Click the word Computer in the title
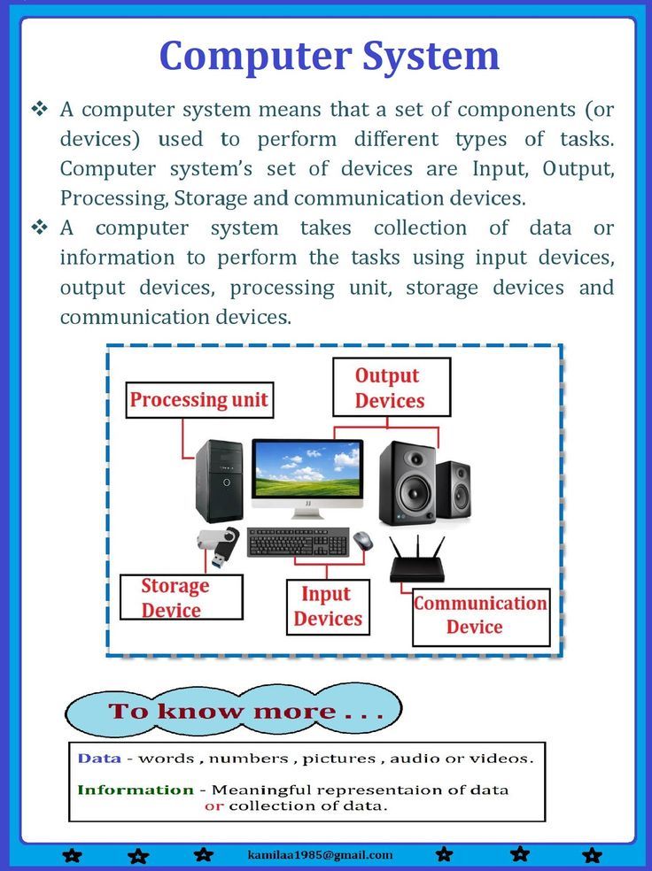(255, 57)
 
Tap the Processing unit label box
(199, 400)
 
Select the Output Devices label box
(392, 387)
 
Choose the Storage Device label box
(182, 597)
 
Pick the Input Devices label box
(328, 607)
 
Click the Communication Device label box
(481, 617)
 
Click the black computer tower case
(220, 481)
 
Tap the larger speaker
(407, 482)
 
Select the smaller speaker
(454, 491)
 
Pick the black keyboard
(298, 542)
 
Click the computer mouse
(362, 541)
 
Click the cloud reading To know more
(234, 711)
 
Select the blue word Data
(99, 759)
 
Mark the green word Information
(136, 790)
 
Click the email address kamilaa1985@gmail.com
(320, 855)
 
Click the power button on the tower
(226, 482)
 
